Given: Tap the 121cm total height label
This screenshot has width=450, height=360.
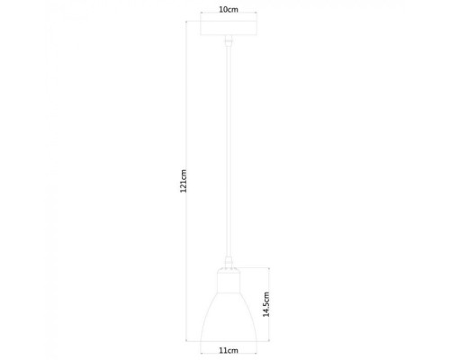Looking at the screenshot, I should coord(184,181).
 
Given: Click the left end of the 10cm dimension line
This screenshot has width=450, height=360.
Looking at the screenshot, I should coord(201,17).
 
